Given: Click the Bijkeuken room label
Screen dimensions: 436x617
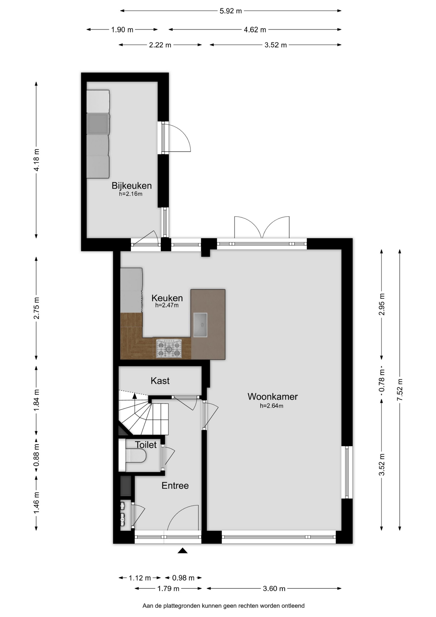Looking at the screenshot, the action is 132,186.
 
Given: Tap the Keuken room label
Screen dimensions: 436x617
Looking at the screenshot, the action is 167,298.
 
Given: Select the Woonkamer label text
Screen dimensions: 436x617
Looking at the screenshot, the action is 273,397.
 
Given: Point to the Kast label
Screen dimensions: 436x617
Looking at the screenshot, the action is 160,381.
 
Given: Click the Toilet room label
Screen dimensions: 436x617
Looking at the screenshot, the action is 146,445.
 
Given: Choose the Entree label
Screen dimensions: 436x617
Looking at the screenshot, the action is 175,486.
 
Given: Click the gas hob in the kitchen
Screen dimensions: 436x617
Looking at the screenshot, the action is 169,349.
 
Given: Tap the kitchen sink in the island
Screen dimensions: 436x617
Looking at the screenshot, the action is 200,325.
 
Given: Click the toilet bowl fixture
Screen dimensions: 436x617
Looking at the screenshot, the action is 135,456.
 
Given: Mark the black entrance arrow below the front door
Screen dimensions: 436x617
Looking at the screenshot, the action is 183,550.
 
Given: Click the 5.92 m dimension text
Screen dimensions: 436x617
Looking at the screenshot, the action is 231,11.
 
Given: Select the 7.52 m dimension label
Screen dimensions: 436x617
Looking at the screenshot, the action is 400,389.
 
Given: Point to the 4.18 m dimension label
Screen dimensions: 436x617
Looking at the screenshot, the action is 36,160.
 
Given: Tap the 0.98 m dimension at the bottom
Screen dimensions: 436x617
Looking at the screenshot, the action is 183,578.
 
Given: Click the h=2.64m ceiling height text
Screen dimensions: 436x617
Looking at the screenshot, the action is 272,406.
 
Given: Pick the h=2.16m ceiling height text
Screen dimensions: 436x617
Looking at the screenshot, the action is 131,194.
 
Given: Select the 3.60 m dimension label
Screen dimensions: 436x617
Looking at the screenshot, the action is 274,589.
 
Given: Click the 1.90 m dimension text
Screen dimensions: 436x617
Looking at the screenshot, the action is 122,30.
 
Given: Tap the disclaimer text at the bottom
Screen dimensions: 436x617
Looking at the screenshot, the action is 223,606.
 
